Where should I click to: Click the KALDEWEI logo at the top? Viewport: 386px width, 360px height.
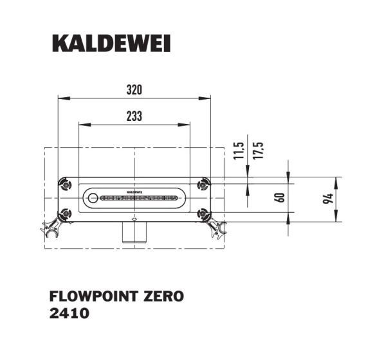(110, 44)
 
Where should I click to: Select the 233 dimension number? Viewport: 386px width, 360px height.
(133, 116)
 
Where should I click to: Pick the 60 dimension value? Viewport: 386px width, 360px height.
(279, 197)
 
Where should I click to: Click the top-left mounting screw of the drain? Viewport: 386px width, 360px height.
(65, 185)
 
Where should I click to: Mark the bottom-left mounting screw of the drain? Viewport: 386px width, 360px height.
(65, 213)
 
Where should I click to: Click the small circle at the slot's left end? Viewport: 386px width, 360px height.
(93, 198)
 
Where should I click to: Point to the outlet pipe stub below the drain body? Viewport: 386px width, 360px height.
(134, 232)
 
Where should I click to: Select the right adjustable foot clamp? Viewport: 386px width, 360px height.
(218, 227)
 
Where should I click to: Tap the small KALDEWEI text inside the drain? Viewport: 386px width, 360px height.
(134, 192)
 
